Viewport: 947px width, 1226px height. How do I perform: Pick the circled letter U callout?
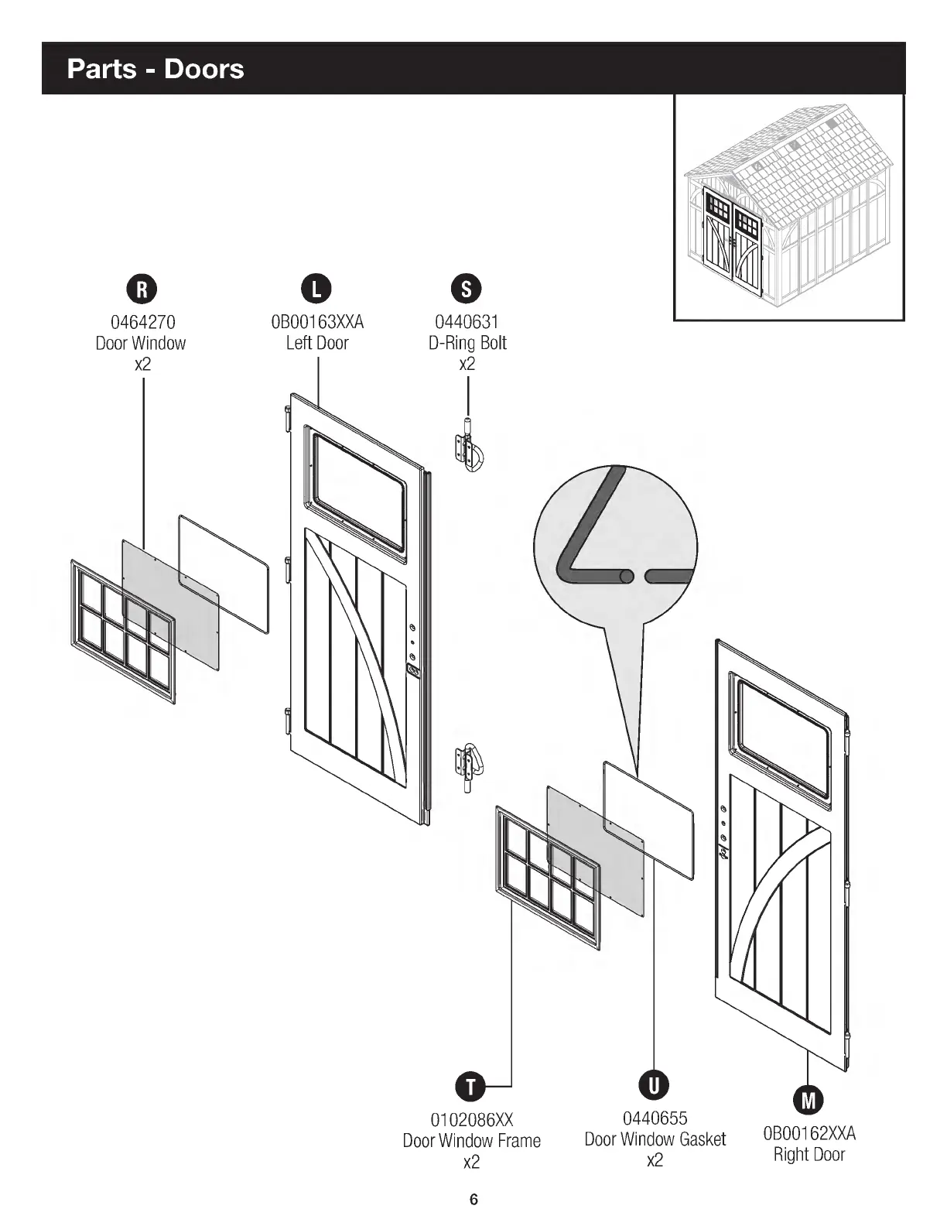tap(654, 1085)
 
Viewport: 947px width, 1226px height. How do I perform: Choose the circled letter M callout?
tap(809, 1100)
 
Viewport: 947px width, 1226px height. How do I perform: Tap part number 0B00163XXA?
tap(317, 322)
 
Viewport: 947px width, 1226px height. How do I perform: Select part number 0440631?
tap(467, 322)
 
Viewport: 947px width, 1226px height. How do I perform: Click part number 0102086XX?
tap(471, 1120)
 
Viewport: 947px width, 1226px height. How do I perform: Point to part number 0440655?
tap(655, 1118)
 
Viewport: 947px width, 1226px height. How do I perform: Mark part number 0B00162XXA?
tap(809, 1134)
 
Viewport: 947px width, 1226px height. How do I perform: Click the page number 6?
tap(473, 1200)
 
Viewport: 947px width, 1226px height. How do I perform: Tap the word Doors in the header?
tap(203, 69)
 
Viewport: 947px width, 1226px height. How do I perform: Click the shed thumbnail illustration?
tap(789, 207)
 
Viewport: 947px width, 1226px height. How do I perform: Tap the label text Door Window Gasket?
tap(655, 1139)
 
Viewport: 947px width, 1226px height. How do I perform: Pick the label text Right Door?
tap(809, 1155)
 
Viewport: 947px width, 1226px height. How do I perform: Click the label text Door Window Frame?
tap(471, 1141)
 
